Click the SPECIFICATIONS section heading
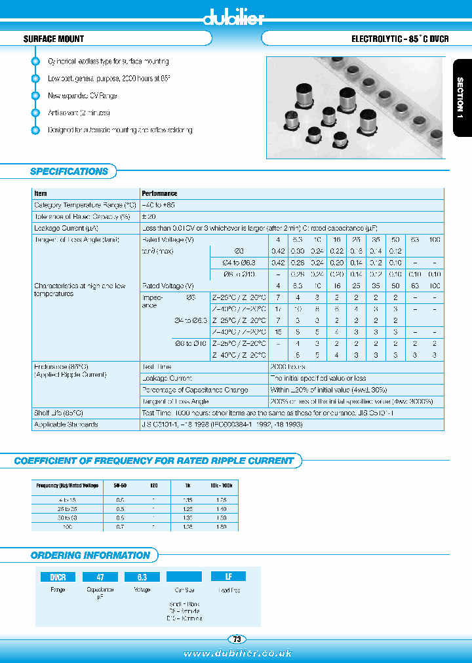tap(69, 172)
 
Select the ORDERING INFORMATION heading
tap(90, 556)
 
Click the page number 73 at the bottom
tap(236, 639)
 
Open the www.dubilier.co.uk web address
tap(237, 653)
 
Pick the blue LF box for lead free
tap(228, 577)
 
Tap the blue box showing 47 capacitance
tap(100, 577)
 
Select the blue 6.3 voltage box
tap(142, 577)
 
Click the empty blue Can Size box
tap(184, 577)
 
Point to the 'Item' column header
tap(41, 194)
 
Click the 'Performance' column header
tap(159, 194)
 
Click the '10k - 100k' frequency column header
tap(221, 485)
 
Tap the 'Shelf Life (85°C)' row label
tap(58, 413)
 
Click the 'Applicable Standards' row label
tap(66, 425)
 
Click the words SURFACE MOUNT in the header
tap(54, 39)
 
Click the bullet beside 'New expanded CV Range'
tap(35, 96)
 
